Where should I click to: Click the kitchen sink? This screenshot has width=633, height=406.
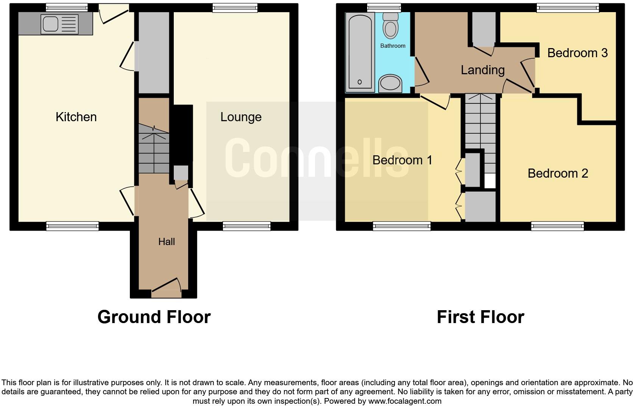[x=50, y=24]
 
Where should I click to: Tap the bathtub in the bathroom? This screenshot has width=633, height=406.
[x=360, y=52]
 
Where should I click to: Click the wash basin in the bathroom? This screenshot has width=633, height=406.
[x=390, y=83]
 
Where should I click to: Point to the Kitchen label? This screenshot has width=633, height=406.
[x=76, y=117]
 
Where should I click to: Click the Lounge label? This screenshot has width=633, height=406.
[x=241, y=117]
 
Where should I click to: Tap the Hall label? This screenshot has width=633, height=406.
[x=167, y=242]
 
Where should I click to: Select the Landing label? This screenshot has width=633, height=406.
[x=482, y=70]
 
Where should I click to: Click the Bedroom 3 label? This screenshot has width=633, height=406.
[x=577, y=53]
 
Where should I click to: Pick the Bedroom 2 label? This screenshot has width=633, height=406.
[x=557, y=173]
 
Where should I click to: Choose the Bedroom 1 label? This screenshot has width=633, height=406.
[x=402, y=160]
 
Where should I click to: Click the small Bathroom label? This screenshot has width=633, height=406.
[x=393, y=46]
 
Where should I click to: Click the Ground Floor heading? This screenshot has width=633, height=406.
[x=154, y=317]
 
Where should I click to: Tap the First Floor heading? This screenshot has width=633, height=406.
[x=480, y=317]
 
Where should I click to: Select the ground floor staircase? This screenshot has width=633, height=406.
[x=153, y=150]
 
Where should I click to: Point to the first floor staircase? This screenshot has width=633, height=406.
[x=479, y=121]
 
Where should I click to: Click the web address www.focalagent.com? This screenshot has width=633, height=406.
[x=405, y=401]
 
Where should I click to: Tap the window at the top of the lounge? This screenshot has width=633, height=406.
[x=235, y=7]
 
